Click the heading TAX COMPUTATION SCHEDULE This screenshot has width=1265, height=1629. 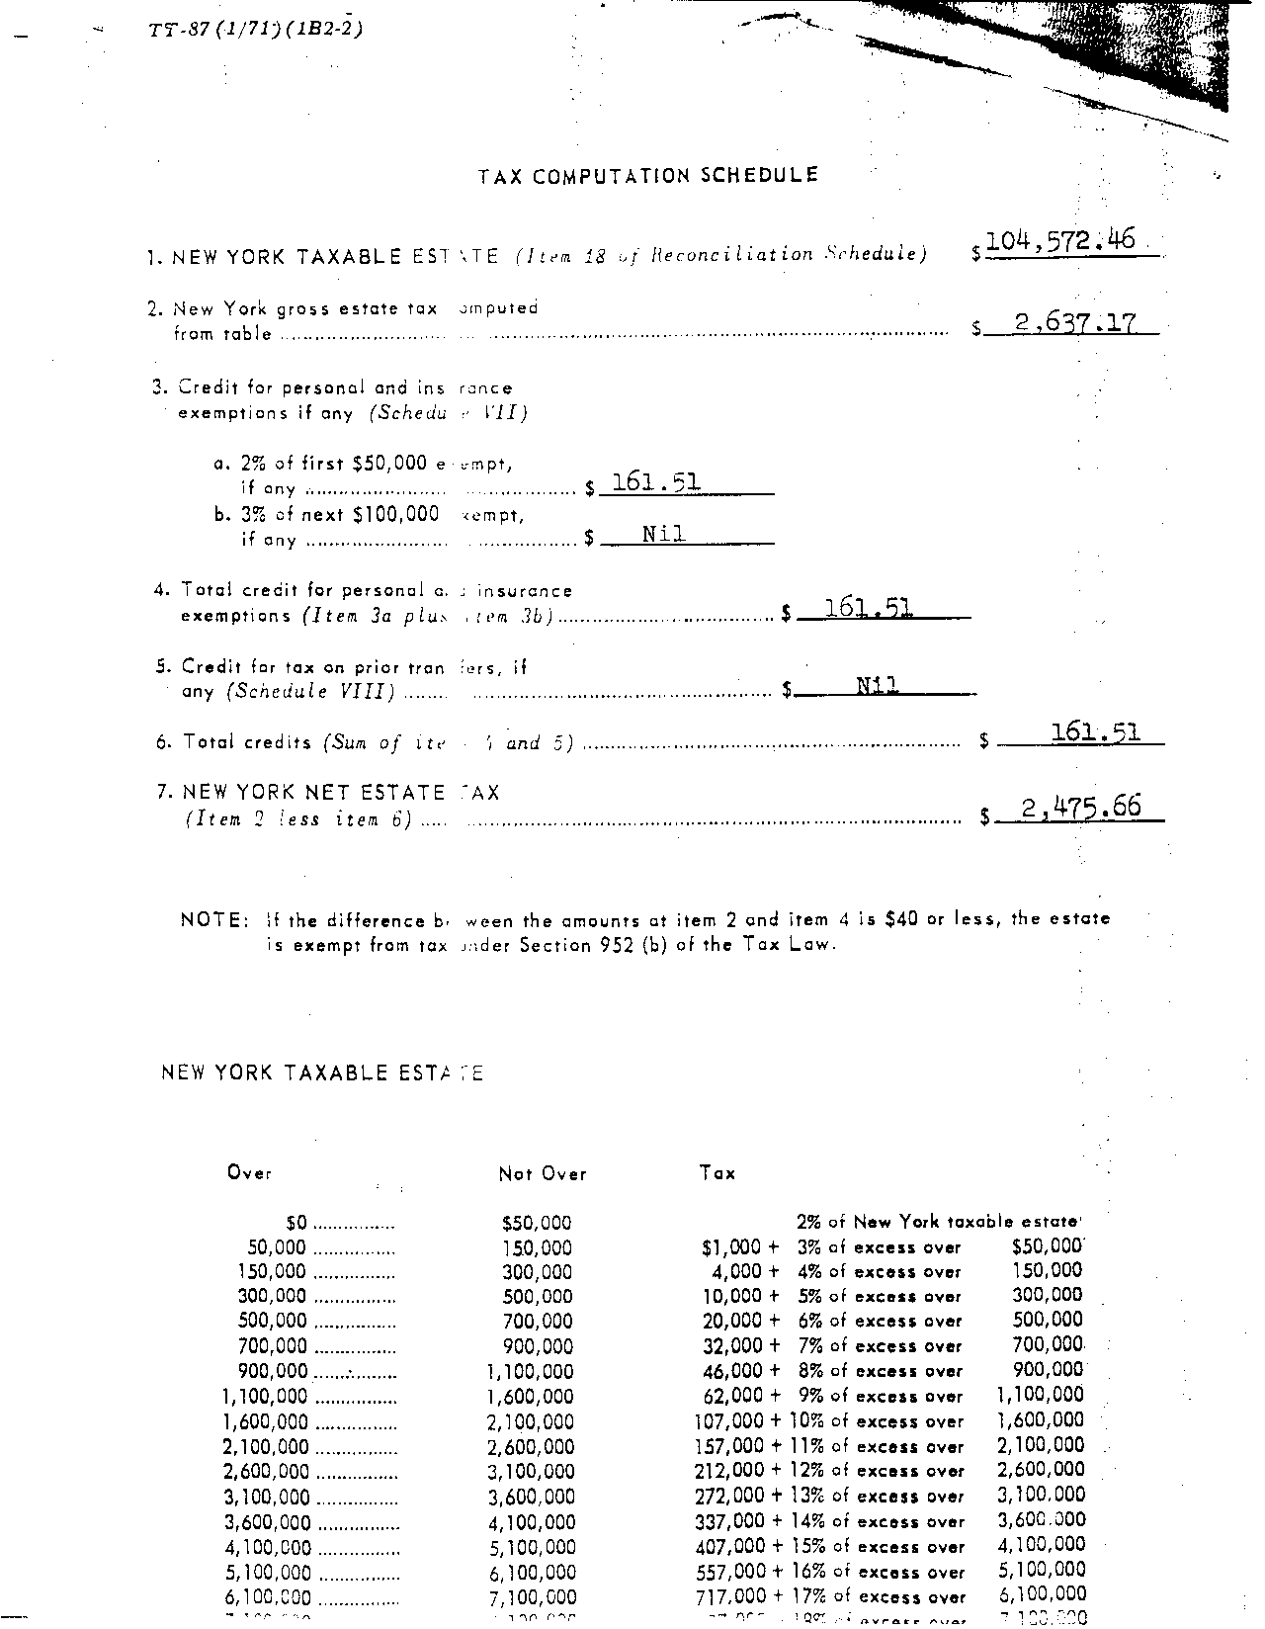[x=648, y=176]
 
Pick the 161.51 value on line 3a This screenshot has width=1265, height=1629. [x=656, y=482]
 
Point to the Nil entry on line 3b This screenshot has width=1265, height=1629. [x=663, y=534]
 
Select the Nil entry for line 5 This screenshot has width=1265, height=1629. [x=877, y=684]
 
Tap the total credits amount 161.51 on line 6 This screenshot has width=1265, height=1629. [x=1096, y=732]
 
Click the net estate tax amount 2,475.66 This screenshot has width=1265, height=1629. [x=1081, y=809]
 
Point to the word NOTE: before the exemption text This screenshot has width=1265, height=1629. [x=214, y=920]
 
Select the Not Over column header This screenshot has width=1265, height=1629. [x=543, y=1174]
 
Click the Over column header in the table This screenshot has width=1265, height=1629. [x=249, y=1173]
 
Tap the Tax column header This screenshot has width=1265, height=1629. [x=717, y=1173]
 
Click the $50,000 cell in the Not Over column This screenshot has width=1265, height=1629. [x=537, y=1224]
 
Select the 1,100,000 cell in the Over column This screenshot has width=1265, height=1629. [x=265, y=1397]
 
